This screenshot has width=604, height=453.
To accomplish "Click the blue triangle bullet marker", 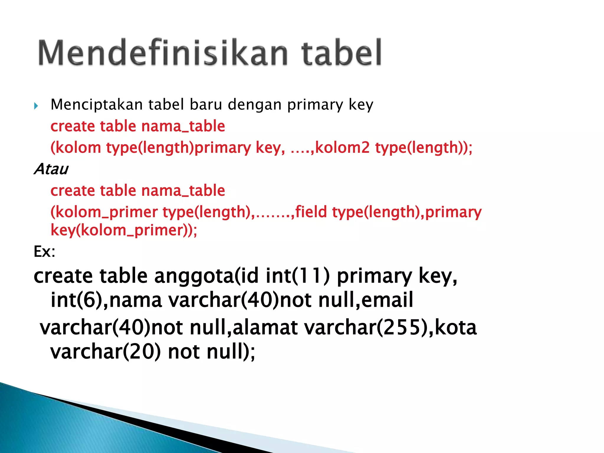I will coord(36,106).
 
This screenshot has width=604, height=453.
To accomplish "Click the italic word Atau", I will coord(51,169).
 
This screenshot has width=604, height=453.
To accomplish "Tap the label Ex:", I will coord(45,252).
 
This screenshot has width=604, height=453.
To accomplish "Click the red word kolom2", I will coord(342,147).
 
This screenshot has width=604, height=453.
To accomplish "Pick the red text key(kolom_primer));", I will coord(124,230).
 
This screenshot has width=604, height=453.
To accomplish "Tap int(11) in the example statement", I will coord(298,276).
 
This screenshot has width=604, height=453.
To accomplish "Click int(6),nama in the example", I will coord(106,300).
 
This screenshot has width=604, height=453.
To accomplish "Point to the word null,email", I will coord(366,300).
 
